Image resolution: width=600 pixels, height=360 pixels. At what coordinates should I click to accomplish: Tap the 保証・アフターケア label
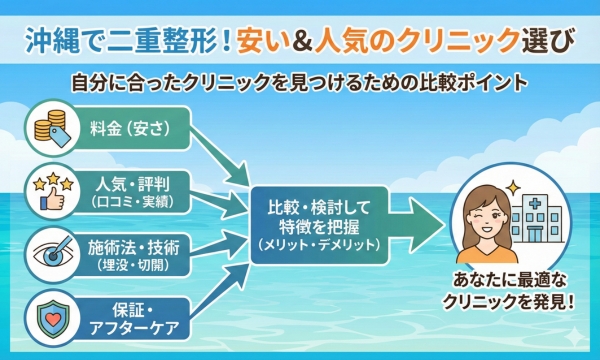pyautogui.click(x=135, y=309)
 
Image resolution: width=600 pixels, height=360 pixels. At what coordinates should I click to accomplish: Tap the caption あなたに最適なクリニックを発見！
pyautogui.click(x=503, y=300)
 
